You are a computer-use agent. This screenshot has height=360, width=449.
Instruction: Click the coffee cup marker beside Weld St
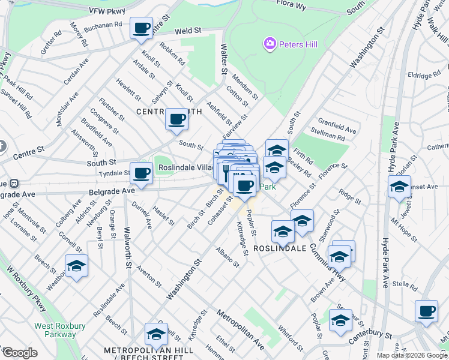point(142,28)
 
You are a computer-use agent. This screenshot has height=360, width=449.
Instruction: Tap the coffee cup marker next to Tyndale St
point(142,173)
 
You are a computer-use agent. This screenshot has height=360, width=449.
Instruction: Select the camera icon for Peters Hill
point(269,43)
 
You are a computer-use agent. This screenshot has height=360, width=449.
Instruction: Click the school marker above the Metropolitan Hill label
point(156,334)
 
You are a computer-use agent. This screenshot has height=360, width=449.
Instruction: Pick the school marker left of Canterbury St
point(340,320)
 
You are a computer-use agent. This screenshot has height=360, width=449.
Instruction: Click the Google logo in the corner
point(19,353)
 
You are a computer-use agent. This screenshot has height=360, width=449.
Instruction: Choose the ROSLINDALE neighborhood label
point(280,248)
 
